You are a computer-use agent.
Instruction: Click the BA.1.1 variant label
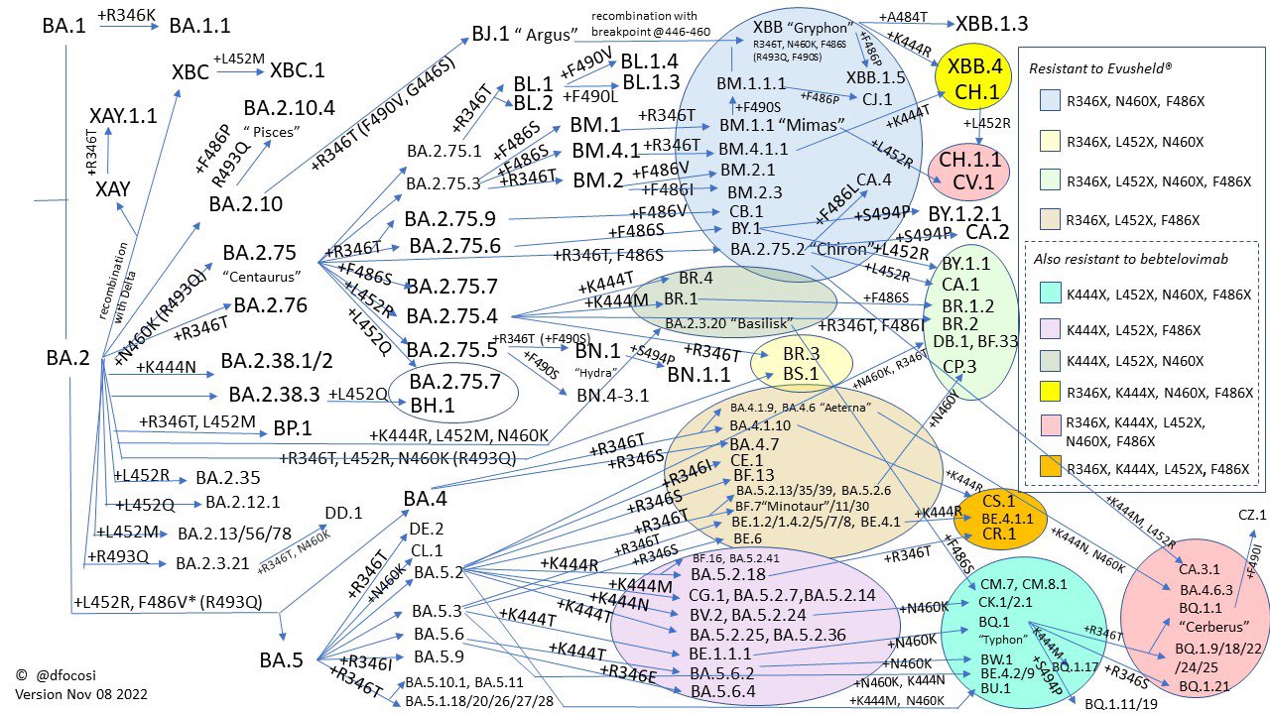click(199, 26)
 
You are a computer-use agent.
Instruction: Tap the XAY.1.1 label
click(123, 116)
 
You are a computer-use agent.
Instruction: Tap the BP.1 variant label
click(293, 429)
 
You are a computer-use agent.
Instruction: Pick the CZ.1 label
click(1252, 516)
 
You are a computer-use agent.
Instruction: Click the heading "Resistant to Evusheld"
click(1101, 68)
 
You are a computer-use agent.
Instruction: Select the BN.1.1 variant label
click(698, 375)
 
